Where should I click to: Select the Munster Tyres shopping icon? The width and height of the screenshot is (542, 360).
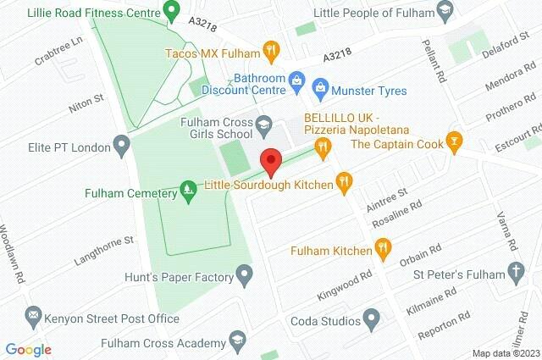[320, 86]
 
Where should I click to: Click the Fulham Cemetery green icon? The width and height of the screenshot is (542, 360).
[188, 192]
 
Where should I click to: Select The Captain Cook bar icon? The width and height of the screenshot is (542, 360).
[456, 141]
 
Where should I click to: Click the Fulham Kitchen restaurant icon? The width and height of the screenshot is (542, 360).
[384, 250]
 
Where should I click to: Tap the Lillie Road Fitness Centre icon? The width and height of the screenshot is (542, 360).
[170, 12]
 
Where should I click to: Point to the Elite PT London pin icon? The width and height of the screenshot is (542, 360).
[120, 143]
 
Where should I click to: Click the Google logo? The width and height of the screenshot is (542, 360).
[28, 349]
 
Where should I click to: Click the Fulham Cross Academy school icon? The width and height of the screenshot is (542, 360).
[241, 343]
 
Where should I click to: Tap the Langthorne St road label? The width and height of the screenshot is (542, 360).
[106, 243]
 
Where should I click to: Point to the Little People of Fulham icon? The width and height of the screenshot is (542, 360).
[443, 11]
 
